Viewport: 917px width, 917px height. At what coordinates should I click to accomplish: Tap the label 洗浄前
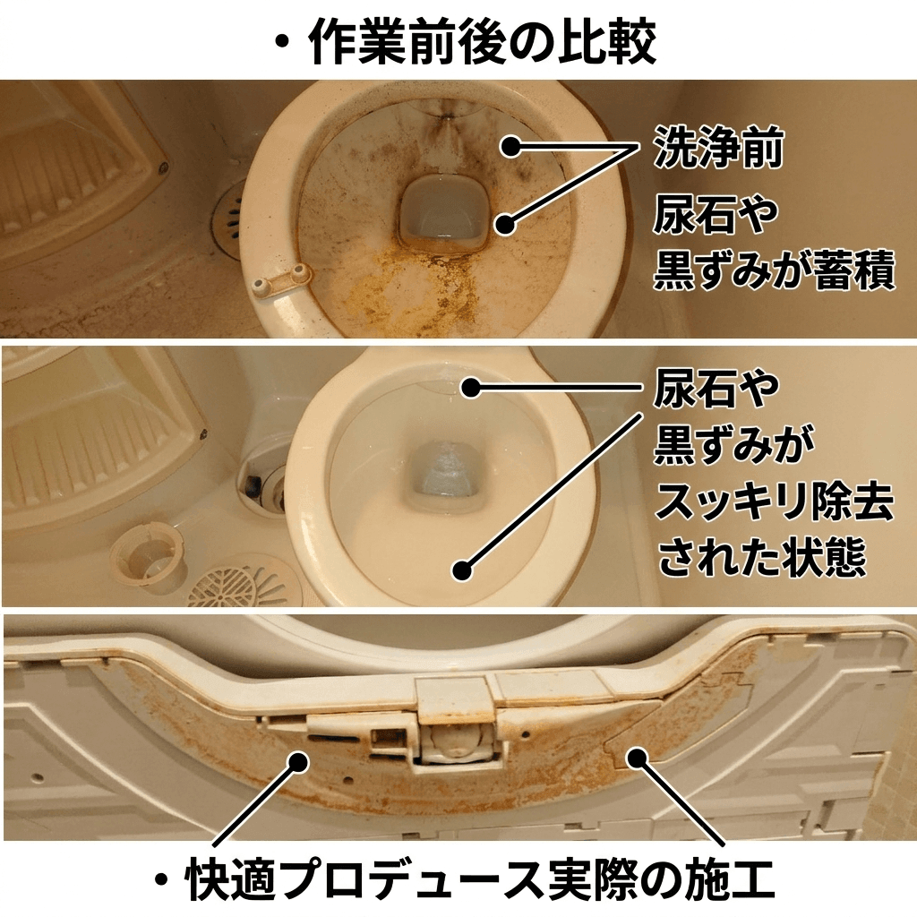tap(718, 147)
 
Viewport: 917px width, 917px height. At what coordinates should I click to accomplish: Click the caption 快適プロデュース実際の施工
tap(479, 881)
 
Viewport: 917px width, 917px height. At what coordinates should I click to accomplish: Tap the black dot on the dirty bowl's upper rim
tap(510, 145)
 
